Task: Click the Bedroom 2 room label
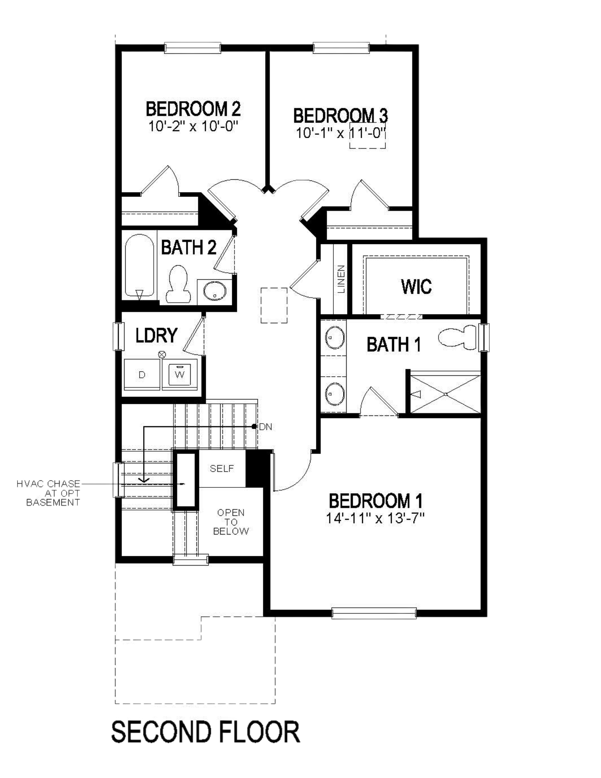coord(193,109)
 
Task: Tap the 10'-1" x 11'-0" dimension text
coord(340,133)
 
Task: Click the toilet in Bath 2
coord(179,284)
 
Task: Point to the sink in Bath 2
coord(215,291)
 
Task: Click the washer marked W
coord(180,374)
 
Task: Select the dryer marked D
coord(142,374)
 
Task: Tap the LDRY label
coord(156,335)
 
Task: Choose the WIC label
coord(416,287)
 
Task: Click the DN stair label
coord(265,427)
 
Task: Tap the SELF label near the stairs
coord(222,468)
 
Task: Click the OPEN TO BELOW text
coord(231,522)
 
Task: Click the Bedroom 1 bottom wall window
coord(374,613)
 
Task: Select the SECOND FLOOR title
coord(205,732)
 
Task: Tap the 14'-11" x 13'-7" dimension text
coord(375,518)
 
